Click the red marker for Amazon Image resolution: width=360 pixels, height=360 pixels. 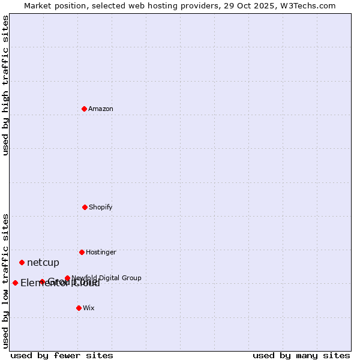tap(84, 109)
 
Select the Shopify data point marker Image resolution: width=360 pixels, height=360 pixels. tap(85, 207)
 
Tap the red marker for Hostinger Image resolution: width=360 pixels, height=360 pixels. tap(82, 252)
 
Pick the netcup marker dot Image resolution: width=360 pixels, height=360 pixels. tap(22, 262)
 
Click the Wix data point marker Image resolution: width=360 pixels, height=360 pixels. tap(79, 308)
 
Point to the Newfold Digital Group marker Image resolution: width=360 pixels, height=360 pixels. tap(67, 278)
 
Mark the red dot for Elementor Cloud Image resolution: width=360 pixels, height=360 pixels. tap(15, 283)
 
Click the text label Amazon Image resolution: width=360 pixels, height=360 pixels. tap(101, 109)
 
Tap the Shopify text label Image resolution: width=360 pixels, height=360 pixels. tap(101, 207)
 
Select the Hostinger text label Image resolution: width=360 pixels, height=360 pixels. tap(101, 252)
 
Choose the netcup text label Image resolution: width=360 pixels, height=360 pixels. tap(43, 262)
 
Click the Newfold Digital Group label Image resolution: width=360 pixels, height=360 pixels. tap(106, 278)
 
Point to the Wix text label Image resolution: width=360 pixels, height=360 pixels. tap(89, 308)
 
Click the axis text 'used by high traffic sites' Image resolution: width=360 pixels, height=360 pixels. tap(6, 85)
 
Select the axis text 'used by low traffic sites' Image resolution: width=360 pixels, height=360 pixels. tap(6, 280)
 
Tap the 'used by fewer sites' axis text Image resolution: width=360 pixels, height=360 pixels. tap(62, 355)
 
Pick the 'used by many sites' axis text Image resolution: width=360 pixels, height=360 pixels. tap(301, 355)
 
